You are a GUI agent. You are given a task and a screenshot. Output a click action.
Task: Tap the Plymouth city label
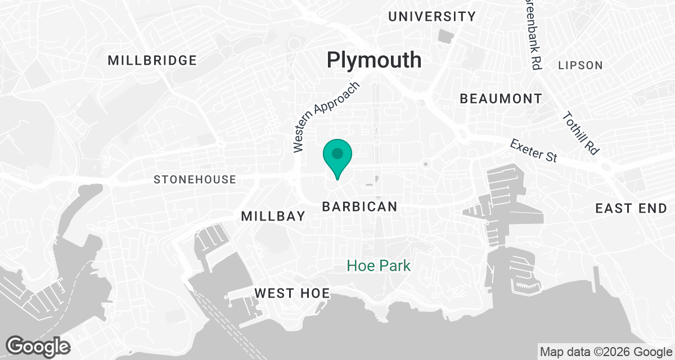(374, 60)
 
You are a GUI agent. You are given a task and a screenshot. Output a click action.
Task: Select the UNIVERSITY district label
(432, 16)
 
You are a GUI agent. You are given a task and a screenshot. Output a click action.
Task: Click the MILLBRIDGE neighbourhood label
(152, 60)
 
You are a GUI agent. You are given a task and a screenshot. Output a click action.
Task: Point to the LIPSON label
(580, 65)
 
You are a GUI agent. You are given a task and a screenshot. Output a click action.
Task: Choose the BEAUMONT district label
(501, 99)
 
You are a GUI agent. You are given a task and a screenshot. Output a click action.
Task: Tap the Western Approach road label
(326, 118)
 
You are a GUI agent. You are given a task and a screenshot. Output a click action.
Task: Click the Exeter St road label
(533, 151)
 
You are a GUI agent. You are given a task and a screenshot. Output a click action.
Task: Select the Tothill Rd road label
(580, 133)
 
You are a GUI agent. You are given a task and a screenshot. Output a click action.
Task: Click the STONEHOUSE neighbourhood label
(195, 179)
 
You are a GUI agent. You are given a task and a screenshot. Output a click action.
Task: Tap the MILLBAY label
(273, 216)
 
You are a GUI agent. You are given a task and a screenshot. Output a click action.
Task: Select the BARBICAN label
(359, 207)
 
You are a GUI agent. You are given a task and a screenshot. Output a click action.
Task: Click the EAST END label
(631, 209)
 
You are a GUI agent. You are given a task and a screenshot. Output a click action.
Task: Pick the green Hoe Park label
(379, 265)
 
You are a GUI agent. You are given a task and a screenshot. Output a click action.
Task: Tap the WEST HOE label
(291, 293)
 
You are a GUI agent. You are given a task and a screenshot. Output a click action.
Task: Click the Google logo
(38, 346)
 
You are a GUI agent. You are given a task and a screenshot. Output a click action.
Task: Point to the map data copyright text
(605, 352)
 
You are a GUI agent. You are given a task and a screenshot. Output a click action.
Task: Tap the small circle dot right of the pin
(425, 164)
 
